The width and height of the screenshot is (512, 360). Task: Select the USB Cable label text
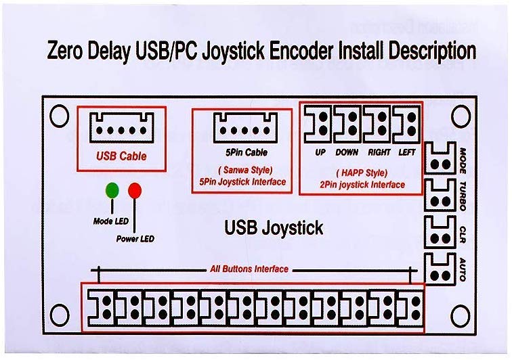click(x=121, y=156)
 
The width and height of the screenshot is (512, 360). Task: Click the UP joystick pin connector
click(x=319, y=125)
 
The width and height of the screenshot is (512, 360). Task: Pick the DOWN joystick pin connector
click(x=347, y=125)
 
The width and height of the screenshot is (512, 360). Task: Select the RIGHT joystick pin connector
click(x=377, y=125)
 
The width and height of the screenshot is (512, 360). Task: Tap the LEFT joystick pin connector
click(x=406, y=125)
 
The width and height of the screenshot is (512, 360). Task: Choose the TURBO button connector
click(x=440, y=196)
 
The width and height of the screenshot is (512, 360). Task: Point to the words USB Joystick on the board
click(x=274, y=229)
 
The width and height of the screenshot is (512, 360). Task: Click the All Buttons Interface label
click(x=249, y=269)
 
